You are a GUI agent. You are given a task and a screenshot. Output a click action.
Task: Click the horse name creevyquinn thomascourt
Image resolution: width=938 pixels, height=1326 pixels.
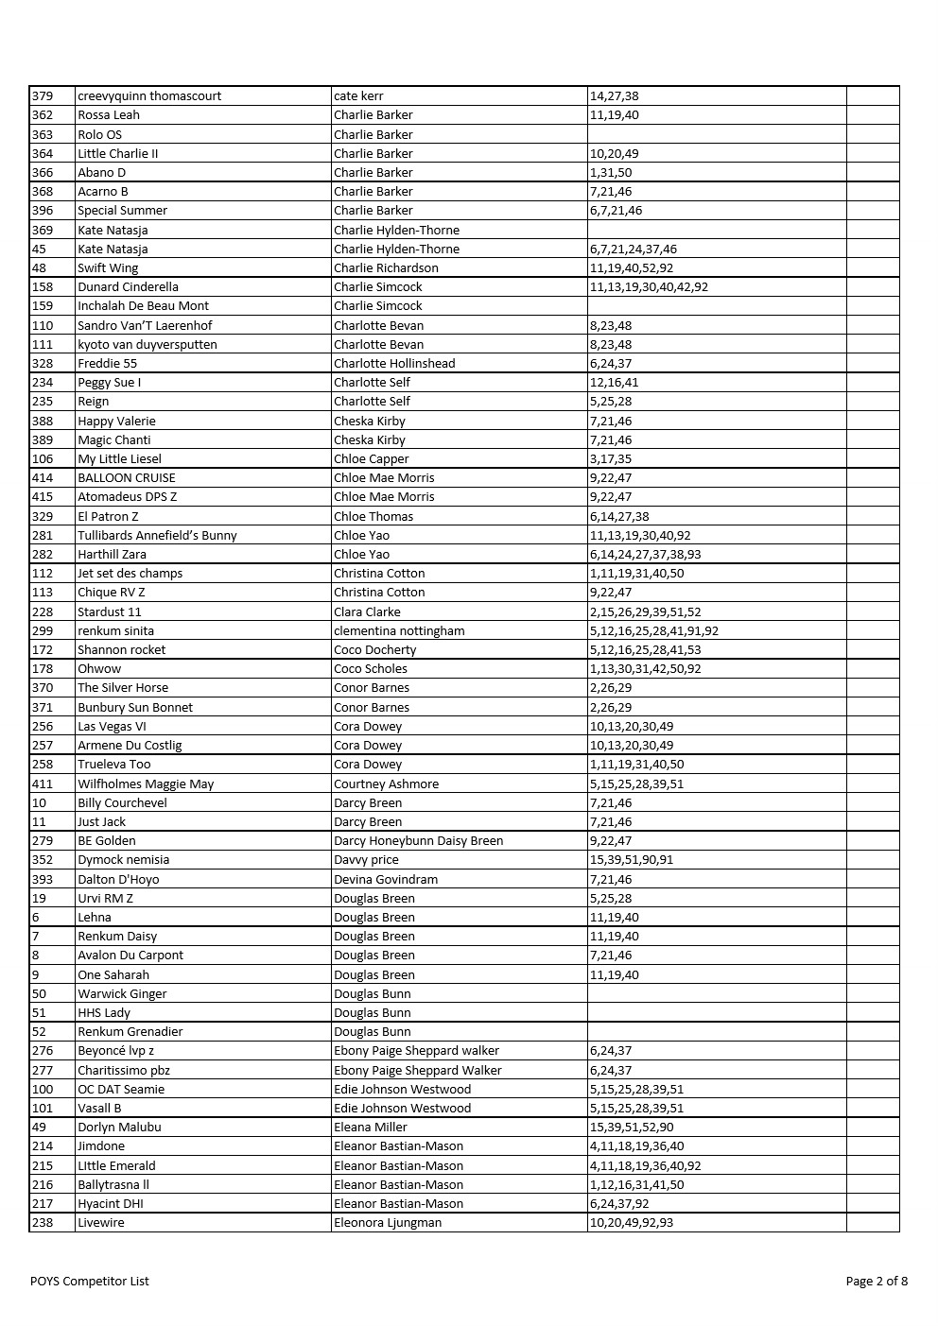[149, 96]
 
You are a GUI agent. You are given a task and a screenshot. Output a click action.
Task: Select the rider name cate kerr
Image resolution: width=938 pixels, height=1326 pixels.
[358, 96]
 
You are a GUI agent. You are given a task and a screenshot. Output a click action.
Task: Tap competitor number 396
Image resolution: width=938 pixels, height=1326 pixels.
[43, 211]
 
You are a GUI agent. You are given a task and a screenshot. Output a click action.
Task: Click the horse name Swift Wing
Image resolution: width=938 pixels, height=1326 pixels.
[108, 268]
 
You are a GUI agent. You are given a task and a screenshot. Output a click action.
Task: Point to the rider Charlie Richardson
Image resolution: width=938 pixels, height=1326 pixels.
[386, 268]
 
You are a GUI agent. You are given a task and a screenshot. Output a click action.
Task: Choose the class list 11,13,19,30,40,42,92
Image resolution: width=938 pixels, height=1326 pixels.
[649, 287]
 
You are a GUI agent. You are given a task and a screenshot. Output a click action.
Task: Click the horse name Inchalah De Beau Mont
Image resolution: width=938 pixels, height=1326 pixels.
[143, 306]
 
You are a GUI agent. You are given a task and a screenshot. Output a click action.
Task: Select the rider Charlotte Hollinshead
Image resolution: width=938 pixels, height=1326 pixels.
[394, 364]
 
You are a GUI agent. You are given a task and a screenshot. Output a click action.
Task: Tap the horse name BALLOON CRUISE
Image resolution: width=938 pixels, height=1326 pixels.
[127, 478]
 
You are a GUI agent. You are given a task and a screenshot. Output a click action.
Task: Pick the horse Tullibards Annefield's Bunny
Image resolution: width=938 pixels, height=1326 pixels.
[157, 536]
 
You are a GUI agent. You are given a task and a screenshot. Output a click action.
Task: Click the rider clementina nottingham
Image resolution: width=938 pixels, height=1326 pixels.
[399, 631]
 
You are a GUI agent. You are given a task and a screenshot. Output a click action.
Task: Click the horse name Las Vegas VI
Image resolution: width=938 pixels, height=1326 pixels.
[112, 727]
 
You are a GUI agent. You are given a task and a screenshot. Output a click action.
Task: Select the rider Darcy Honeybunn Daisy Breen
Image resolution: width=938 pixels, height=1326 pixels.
[418, 841]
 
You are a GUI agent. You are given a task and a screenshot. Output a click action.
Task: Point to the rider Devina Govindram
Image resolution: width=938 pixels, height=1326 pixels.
[386, 880]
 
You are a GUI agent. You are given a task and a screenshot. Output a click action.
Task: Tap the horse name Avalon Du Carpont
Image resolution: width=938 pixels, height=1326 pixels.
[130, 956]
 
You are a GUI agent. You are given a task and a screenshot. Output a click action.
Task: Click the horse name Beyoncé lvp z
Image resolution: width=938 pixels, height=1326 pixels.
[115, 1051]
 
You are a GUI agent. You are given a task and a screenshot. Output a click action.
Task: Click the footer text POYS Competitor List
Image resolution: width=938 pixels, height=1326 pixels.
[90, 1282]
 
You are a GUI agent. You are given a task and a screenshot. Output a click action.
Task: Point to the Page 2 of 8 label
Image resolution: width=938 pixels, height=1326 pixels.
[877, 1282]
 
